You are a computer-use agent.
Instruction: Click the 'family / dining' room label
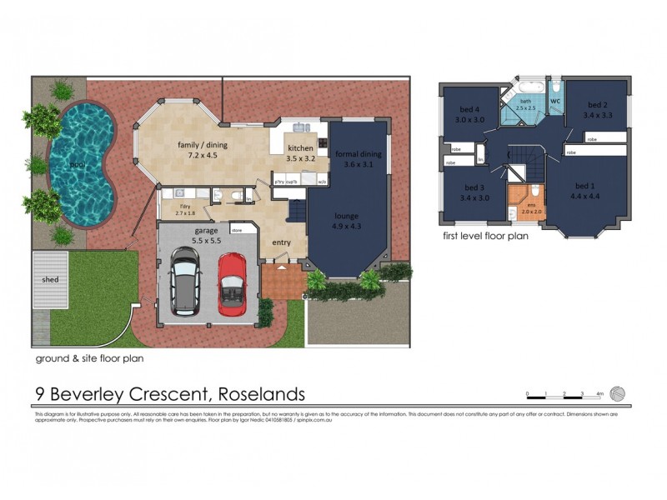(x=202, y=145)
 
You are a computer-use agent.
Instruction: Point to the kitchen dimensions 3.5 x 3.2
(x=300, y=157)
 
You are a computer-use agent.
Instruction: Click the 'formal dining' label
(x=359, y=154)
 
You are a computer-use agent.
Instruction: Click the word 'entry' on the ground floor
(x=282, y=242)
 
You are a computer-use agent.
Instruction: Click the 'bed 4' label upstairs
(x=470, y=109)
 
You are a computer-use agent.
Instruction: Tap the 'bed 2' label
(x=598, y=105)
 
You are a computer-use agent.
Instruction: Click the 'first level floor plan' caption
(x=485, y=237)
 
